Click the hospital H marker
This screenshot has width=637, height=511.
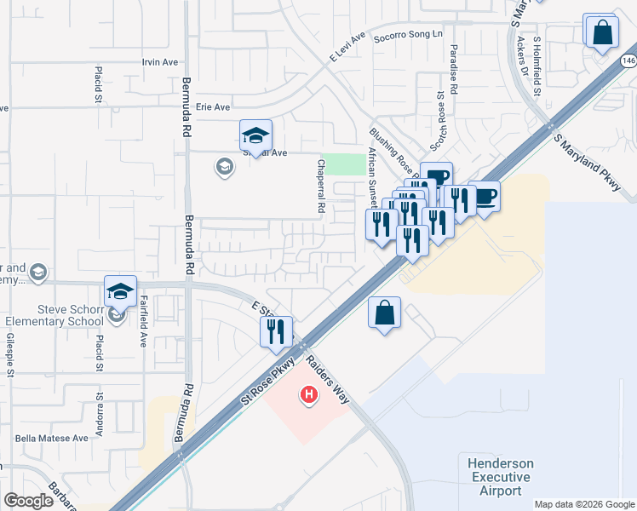coord(309,395)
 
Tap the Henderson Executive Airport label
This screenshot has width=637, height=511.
coord(501,477)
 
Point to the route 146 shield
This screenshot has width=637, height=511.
coord(628,60)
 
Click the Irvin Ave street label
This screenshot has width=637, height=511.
coord(160,62)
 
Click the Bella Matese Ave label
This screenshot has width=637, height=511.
coord(52,438)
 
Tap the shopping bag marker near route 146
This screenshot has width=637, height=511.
coord(601,33)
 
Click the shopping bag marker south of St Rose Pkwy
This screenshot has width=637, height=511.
coord(385,313)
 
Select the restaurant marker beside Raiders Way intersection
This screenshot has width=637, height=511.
coord(276,331)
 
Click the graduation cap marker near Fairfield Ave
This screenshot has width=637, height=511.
coord(121,291)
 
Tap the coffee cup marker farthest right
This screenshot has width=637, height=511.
coord(484,197)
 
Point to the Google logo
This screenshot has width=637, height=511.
coord(29,501)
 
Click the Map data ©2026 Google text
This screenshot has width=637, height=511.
coord(584,504)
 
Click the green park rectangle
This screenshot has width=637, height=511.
coord(344,164)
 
